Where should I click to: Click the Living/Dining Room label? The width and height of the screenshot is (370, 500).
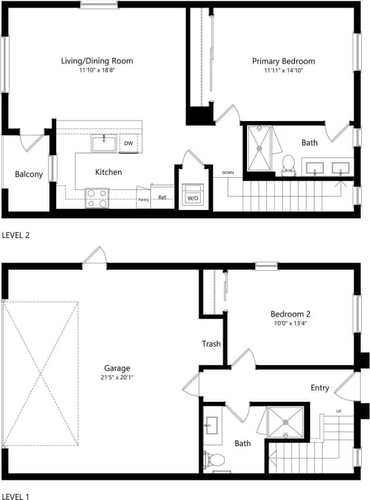pos(97,61)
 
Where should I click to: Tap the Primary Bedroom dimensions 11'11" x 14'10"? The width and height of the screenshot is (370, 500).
pos(283,70)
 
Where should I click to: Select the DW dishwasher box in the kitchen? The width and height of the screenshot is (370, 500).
pos(128,143)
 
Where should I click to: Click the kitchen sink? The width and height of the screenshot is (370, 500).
pos(104,143)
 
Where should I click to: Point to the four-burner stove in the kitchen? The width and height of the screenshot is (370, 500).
pos(97,198)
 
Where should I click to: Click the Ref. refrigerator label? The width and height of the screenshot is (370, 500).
pos(162,198)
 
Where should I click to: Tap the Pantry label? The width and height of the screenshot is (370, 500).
pos(143,199)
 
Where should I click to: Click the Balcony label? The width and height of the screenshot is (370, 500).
pos(29,174)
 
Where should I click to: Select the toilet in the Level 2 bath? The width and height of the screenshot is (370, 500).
pos(288,165)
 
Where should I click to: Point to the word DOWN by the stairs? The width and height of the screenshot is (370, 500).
pos(228,173)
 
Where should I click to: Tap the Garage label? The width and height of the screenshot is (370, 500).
pos(117,368)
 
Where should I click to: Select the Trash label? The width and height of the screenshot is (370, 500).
pos(211,344)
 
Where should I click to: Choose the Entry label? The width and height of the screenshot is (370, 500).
pos(320,388)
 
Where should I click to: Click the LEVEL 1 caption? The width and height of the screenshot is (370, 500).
pos(16,496)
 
